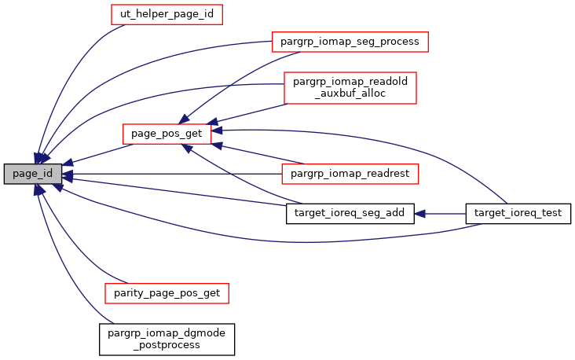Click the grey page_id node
tap(32, 174)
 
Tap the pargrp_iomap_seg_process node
tap(349, 40)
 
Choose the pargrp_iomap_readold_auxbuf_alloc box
tap(350, 87)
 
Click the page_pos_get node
tap(167, 134)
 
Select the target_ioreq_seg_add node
tap(350, 213)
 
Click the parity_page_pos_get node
tap(167, 293)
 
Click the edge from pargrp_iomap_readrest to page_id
tap(173, 172)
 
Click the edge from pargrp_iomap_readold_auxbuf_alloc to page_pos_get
tap(247, 112)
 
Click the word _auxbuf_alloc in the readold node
tap(350, 94)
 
